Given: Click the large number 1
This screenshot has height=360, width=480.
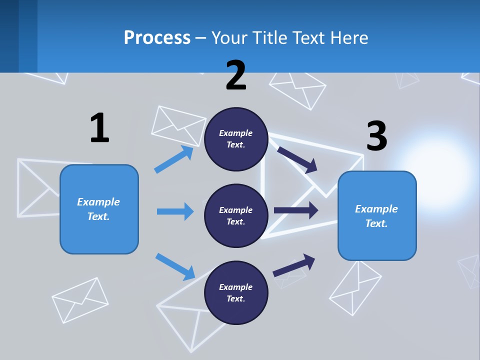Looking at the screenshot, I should tap(99, 127).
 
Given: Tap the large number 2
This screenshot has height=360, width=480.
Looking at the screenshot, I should tap(236, 75).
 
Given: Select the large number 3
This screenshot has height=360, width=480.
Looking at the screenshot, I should tap(376, 136).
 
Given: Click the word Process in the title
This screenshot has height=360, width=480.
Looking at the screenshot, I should tap(157, 37).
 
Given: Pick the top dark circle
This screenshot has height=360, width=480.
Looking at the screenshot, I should tap(236, 139).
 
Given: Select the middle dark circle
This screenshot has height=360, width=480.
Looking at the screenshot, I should tap(236, 216).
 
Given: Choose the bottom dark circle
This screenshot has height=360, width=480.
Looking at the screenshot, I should tap(236, 293).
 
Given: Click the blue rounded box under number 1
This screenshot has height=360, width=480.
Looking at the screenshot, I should tap(99, 209).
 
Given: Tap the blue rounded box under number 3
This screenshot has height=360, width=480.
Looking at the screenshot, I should tap(376, 216).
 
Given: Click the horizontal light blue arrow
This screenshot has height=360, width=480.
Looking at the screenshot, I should tap(175, 211).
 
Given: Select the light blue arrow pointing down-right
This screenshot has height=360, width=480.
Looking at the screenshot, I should tap(175, 266).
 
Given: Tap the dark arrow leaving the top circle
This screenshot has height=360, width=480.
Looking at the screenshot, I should tap(298, 159).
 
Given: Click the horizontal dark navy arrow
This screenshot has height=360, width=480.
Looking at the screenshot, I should tap(296, 210).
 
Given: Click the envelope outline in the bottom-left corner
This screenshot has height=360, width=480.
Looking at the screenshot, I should tap(80, 299).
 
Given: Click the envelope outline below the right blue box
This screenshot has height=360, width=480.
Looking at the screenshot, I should tap(355, 288).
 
